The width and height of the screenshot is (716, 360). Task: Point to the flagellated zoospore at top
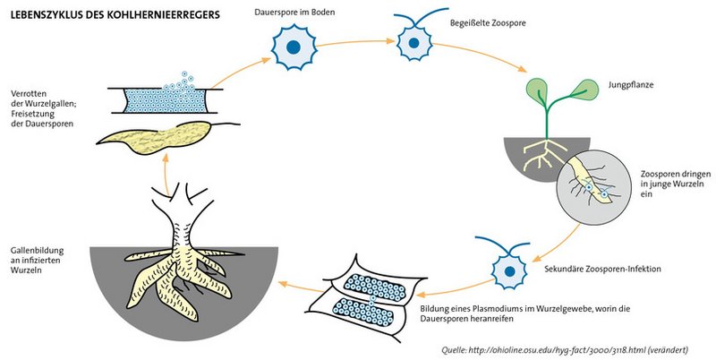413,41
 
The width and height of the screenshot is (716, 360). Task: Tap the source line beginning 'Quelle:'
578,348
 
